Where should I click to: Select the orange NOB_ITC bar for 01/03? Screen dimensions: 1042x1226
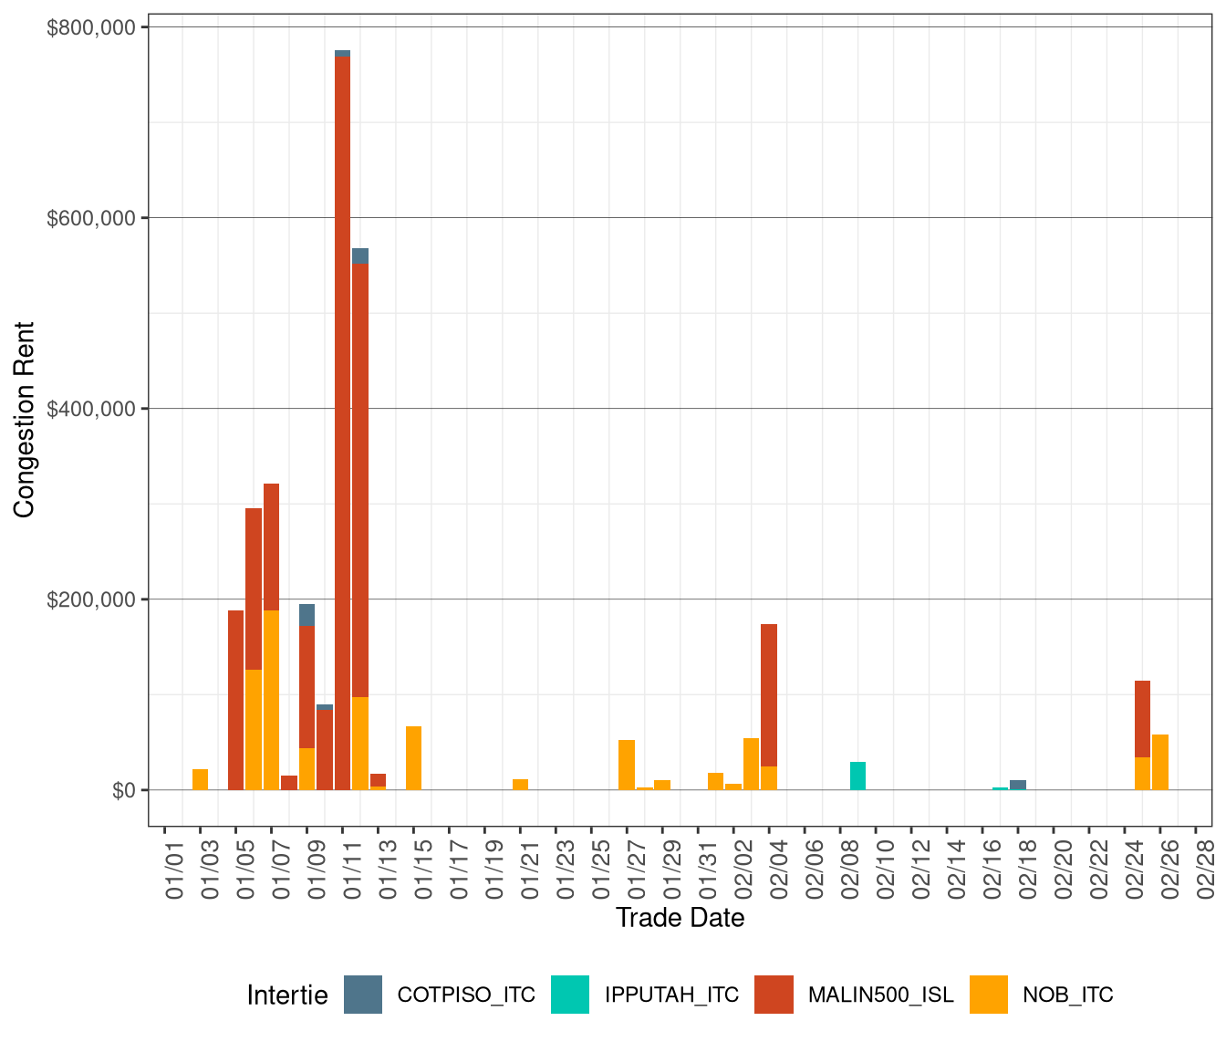(x=200, y=779)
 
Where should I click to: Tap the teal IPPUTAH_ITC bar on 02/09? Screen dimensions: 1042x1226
(x=857, y=776)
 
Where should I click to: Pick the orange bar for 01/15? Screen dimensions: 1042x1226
(x=413, y=757)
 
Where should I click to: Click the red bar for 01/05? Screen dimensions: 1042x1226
(x=235, y=700)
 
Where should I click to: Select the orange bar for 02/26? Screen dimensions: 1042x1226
(x=1160, y=762)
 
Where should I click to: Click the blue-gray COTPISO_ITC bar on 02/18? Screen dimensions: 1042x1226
(x=1018, y=785)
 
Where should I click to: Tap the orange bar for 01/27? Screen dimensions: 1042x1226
(x=627, y=765)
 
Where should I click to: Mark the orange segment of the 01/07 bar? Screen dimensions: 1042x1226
(x=271, y=700)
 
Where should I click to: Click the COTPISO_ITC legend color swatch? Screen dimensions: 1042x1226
(x=363, y=995)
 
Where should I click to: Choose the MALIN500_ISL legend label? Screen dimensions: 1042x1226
(x=880, y=995)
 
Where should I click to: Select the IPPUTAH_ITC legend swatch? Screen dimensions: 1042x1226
(x=570, y=995)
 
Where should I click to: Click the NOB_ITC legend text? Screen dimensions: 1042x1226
(x=1067, y=995)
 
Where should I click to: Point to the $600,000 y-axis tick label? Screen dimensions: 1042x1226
(x=98, y=218)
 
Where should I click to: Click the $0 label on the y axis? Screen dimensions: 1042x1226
(x=124, y=790)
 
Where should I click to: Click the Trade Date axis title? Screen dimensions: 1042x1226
(x=680, y=918)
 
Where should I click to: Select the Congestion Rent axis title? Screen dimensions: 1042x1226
(x=25, y=420)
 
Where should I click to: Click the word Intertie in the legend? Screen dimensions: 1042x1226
(x=287, y=995)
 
